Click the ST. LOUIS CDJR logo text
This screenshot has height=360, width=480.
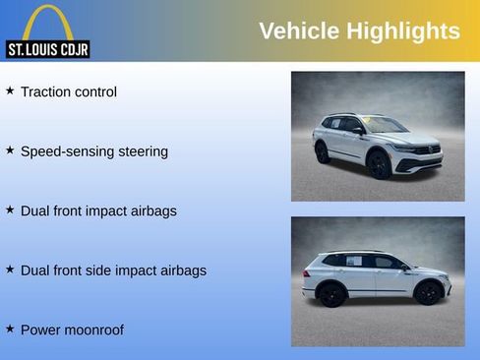coord(47,49)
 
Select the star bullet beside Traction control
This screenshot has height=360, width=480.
coord(10,90)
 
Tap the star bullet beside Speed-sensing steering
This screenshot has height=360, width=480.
coord(10,150)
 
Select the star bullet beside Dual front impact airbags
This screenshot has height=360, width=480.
coord(10,210)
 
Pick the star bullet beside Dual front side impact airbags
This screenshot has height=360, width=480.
coord(10,269)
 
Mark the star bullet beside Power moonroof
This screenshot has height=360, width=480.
coord(10,329)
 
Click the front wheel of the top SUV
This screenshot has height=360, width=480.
coord(381,165)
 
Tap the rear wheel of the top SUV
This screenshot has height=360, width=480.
coord(322,152)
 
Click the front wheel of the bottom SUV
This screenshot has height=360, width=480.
coord(428,292)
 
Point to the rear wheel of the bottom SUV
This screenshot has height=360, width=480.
coord(331,294)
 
